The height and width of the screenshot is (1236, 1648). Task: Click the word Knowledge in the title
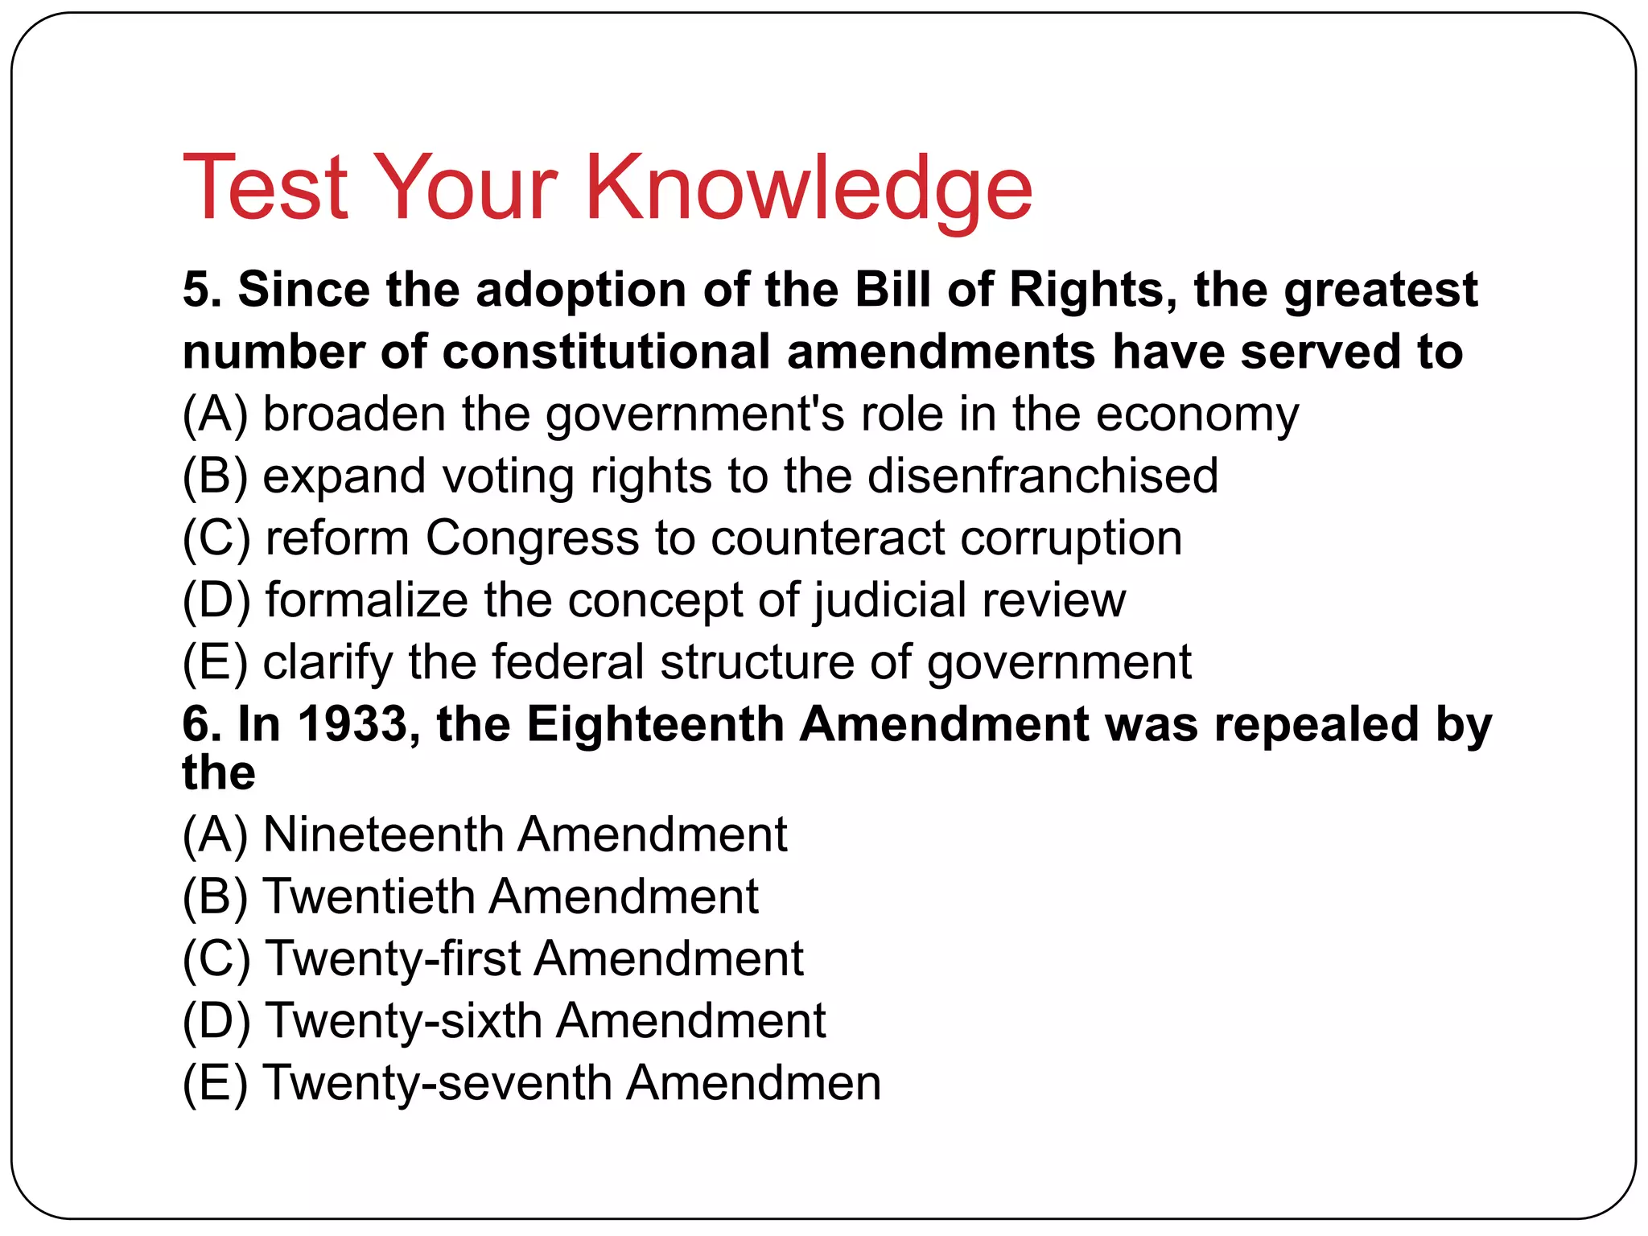(x=808, y=189)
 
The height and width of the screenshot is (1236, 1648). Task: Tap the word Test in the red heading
(x=266, y=189)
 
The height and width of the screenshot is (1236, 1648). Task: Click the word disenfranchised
(x=1043, y=476)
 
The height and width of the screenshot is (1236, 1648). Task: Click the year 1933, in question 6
(x=359, y=724)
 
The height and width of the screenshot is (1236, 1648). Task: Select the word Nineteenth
(x=383, y=834)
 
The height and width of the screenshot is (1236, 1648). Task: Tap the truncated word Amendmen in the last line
(x=754, y=1083)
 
